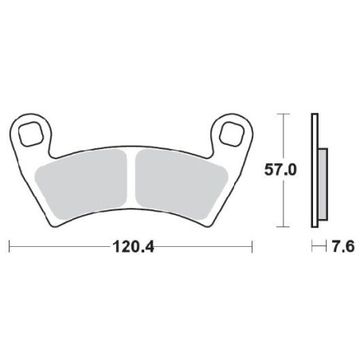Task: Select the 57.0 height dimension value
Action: click(x=280, y=170)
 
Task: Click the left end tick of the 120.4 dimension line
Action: click(x=9, y=248)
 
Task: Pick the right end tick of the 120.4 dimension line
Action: click(x=252, y=248)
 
